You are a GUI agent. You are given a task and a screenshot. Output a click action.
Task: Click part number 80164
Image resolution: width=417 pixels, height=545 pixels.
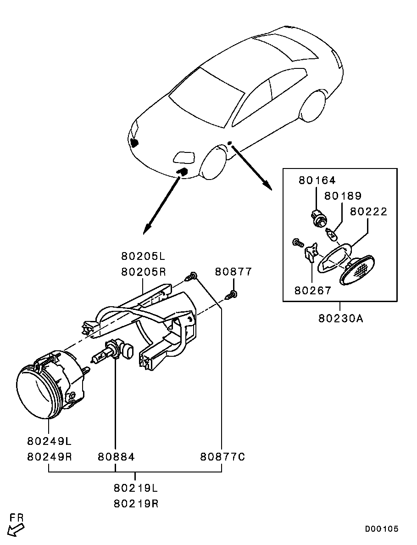pos(317,180)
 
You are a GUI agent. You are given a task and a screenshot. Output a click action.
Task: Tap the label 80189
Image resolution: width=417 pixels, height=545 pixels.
pos(343,196)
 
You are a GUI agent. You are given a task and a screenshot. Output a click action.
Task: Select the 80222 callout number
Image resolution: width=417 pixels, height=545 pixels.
pos(368,211)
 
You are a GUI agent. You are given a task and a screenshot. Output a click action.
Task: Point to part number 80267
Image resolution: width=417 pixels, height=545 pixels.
pos(313,290)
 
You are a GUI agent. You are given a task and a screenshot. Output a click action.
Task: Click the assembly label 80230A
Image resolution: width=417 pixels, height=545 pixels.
pos(340,318)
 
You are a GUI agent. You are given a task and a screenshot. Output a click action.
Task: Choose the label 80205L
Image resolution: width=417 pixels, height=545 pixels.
pos(143,257)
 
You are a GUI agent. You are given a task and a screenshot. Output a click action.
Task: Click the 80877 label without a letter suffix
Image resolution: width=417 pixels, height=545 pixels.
pos(233,271)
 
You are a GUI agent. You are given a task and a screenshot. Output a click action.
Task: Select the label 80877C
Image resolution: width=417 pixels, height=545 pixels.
pos(222,456)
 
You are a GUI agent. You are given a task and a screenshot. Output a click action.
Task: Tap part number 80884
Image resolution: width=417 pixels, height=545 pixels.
pos(116,456)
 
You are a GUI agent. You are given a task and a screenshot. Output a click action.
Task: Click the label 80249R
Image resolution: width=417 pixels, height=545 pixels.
pos(49,456)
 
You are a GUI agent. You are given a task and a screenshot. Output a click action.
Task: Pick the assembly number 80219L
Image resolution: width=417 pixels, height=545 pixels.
pos(135,488)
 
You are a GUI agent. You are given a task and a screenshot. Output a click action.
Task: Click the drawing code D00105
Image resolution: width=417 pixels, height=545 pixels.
pos(382,529)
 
